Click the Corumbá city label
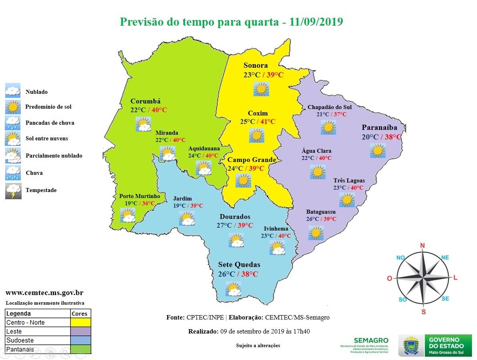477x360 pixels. tap(145, 101)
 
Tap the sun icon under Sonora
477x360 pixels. tap(261, 89)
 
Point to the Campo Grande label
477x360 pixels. tap(252, 160)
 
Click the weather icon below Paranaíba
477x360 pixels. tap(377, 151)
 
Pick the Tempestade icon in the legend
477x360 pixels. tap(13, 191)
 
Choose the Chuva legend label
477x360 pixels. tap(34, 173)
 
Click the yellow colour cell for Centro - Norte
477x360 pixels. tap(81, 322)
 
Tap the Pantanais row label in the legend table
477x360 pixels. tap(20, 350)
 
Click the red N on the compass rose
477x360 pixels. tap(422, 245)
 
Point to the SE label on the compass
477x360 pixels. tap(445, 299)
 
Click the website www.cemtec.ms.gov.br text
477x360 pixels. tap(44, 293)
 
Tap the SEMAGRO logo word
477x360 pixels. tap(371, 340)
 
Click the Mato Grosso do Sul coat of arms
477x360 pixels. tap(411, 346)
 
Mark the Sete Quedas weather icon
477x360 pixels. tap(233, 289)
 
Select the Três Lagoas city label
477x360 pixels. tap(349, 180)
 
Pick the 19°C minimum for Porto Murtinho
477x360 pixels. tap(131, 203)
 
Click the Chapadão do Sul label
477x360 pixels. tap(329, 107)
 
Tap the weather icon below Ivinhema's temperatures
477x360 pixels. tap(277, 248)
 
